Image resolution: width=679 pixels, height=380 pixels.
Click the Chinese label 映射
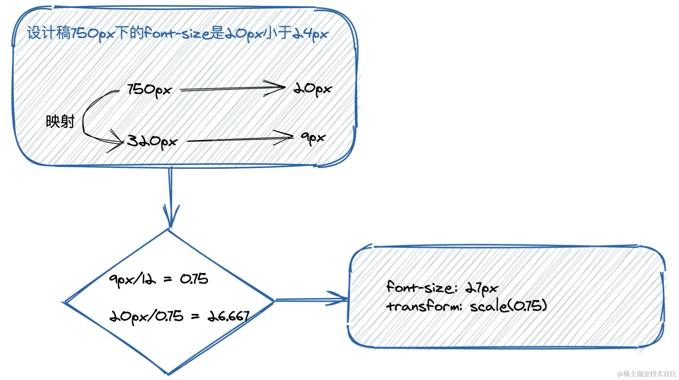pyautogui.click(x=60, y=121)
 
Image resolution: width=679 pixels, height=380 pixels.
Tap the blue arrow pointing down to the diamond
pyautogui.click(x=171, y=197)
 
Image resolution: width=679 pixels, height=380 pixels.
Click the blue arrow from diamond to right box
pyautogui.click(x=311, y=299)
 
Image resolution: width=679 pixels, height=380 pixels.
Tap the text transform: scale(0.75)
pyautogui.click(x=467, y=306)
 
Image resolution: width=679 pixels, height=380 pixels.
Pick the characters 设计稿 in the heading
pyautogui.click(x=48, y=33)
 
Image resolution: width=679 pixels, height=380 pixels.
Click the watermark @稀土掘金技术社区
pyautogui.click(x=647, y=374)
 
